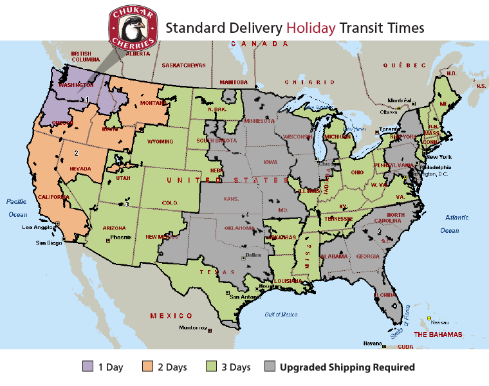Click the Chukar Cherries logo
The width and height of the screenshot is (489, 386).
click(133, 27)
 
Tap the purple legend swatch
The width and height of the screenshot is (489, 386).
click(88, 366)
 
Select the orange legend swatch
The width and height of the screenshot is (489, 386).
click(148, 366)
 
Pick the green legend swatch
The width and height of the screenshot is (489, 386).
click(211, 366)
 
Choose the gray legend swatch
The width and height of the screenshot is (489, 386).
click(270, 366)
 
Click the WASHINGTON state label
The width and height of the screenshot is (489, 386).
click(76, 85)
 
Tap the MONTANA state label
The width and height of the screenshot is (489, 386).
click(153, 103)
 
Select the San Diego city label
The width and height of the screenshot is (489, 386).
click(49, 243)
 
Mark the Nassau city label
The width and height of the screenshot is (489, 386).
click(441, 322)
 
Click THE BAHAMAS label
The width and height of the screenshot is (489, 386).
click(438, 335)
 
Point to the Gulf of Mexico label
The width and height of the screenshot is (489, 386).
click(281, 314)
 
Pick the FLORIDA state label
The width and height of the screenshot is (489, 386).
click(385, 295)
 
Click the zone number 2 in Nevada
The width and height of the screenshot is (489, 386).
click(77, 153)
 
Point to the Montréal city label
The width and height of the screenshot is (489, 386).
click(400, 100)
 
